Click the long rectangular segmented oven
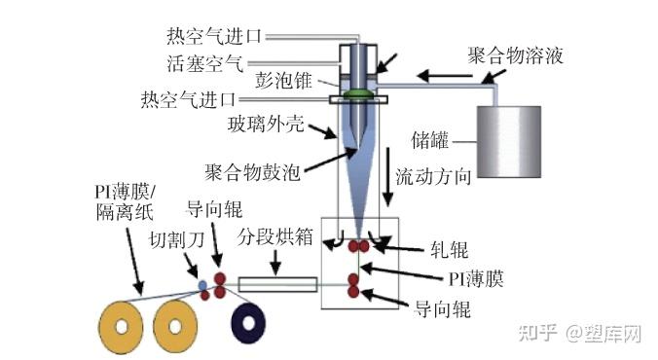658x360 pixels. point(277,286)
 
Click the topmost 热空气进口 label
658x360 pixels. point(214,36)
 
